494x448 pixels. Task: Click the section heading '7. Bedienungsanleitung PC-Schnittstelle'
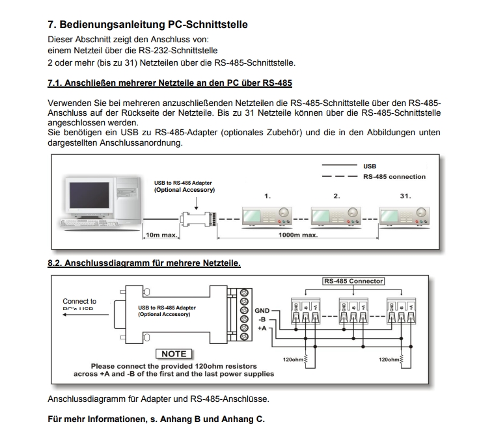click(148, 25)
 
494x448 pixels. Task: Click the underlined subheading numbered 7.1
click(170, 83)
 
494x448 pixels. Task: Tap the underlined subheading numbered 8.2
click(144, 263)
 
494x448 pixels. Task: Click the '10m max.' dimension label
click(159, 235)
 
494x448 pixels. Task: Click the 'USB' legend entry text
click(370, 166)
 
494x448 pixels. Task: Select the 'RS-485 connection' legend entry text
click(394, 176)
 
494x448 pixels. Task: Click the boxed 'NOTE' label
click(173, 354)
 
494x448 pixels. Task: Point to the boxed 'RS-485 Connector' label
click(353, 281)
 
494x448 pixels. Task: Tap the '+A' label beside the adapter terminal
click(262, 328)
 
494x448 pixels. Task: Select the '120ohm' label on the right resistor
click(389, 359)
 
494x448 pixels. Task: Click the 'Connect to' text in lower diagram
click(79, 301)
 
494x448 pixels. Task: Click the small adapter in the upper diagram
click(195, 217)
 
